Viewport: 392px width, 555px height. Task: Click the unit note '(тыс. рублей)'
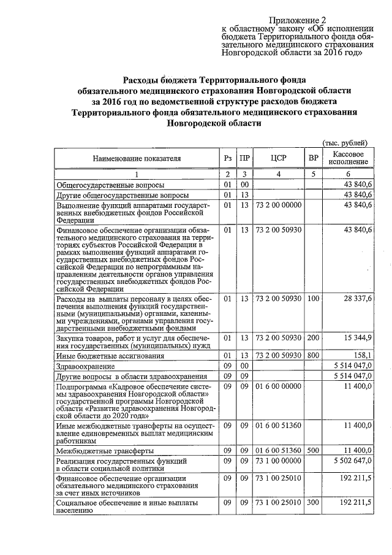click(345, 142)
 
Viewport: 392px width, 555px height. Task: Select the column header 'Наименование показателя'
click(137, 158)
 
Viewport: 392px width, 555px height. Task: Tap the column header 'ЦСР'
click(279, 158)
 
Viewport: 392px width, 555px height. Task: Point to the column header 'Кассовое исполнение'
click(349, 158)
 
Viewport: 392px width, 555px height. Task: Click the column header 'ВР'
click(314, 158)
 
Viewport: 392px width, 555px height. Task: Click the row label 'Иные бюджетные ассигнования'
click(102, 356)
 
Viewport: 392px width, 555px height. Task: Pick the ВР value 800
click(314, 355)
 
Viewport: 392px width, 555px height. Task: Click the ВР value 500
click(314, 450)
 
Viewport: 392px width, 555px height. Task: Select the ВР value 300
click(314, 503)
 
